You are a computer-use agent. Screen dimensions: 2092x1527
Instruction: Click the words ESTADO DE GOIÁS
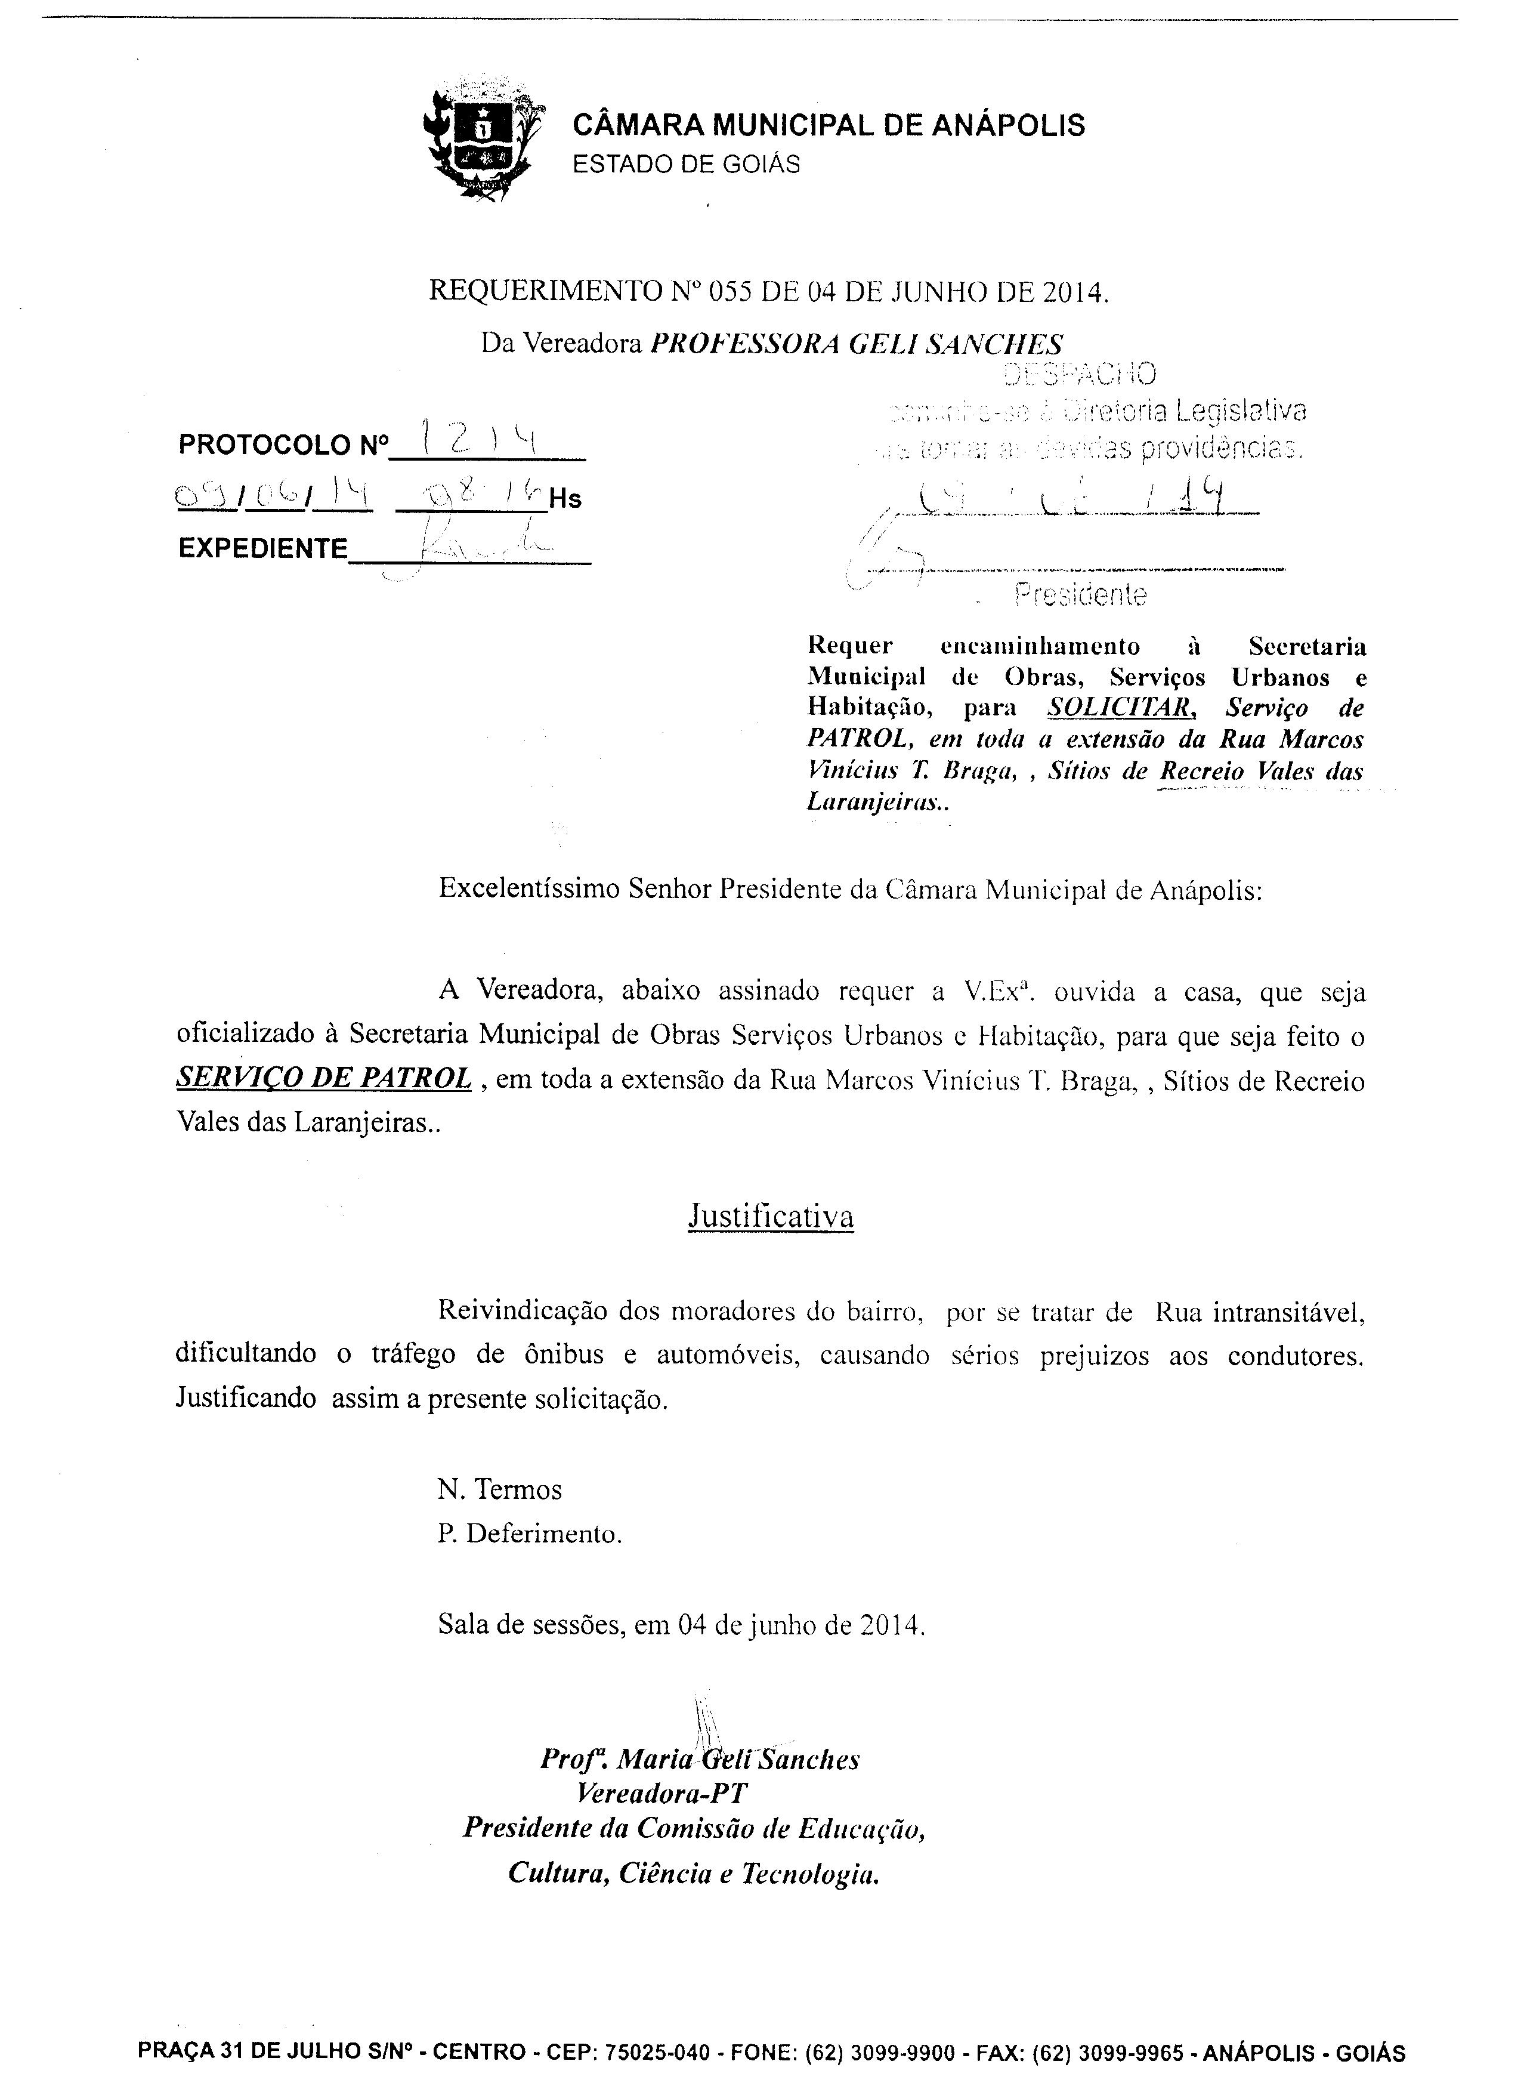(686, 165)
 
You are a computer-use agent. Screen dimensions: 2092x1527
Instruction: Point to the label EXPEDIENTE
(262, 549)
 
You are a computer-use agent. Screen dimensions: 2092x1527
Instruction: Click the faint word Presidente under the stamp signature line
(1081, 595)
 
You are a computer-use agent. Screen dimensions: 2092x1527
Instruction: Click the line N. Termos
(499, 1489)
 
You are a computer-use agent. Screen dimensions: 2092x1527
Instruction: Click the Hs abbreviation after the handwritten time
(565, 500)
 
